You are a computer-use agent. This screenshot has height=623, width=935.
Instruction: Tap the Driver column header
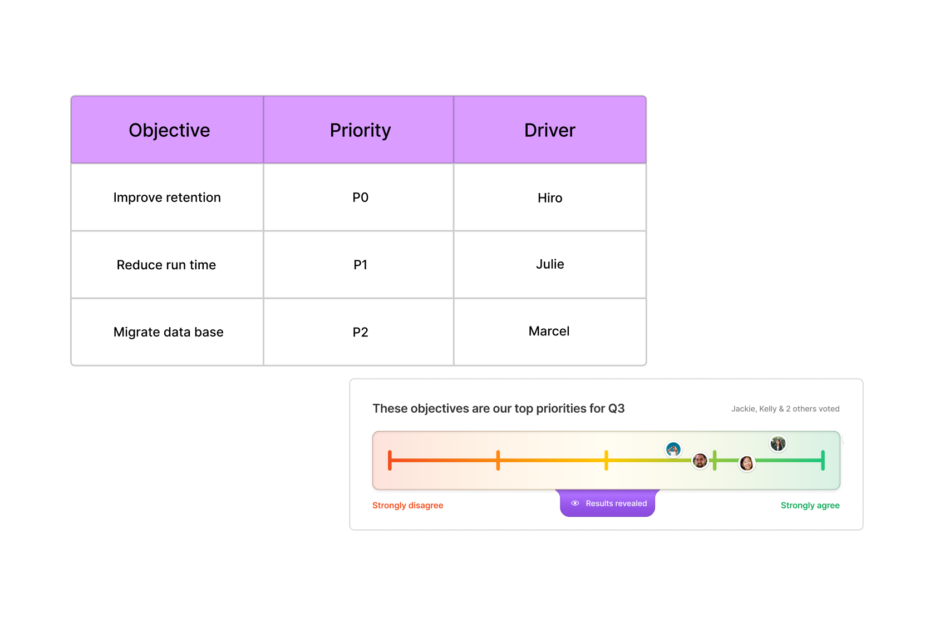[x=550, y=130]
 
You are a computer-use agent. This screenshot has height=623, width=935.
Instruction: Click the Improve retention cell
[x=168, y=197]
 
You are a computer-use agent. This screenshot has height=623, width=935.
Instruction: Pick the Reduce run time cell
[x=168, y=265]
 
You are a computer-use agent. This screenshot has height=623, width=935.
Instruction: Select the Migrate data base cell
[x=168, y=332]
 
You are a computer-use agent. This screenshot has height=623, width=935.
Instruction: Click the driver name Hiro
[x=550, y=198]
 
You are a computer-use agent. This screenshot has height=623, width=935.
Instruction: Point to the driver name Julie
[x=550, y=264]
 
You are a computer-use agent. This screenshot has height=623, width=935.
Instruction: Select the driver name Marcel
[x=549, y=331]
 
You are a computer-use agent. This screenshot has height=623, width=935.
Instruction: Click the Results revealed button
[x=607, y=503]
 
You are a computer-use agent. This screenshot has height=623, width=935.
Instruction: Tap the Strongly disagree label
[x=408, y=505]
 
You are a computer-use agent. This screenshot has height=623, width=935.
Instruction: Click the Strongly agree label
[x=810, y=505]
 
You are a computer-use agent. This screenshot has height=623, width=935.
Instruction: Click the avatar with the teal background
[x=673, y=449]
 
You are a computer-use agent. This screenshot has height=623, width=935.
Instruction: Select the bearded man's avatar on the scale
[x=700, y=461]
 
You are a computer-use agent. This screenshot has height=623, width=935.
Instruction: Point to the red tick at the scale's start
[x=390, y=460]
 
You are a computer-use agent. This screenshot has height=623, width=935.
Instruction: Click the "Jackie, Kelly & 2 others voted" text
[x=785, y=409]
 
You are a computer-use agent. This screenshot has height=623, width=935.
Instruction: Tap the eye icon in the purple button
[x=575, y=503]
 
